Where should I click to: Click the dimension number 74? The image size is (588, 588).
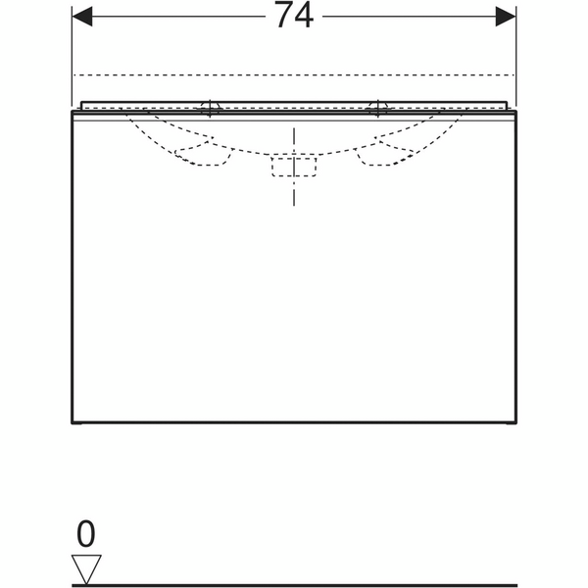294,17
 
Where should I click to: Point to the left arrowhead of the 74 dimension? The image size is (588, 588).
83,17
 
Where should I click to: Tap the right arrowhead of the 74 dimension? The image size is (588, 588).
506,17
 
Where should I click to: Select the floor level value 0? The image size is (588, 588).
86,534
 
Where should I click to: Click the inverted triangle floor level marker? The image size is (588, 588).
87,566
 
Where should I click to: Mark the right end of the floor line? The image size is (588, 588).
514,584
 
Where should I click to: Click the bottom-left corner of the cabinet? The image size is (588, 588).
73,424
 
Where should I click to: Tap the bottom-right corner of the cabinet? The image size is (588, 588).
514,424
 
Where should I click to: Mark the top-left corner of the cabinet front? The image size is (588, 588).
73,111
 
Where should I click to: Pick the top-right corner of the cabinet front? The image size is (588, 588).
514,111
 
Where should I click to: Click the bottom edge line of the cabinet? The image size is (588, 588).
294,424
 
